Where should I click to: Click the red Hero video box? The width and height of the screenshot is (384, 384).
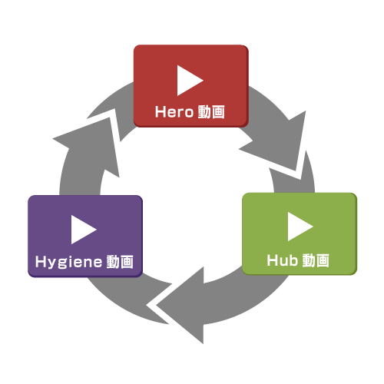[191, 86]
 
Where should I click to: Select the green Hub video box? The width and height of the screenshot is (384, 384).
[300, 233]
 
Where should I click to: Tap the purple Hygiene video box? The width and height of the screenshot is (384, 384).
[85, 237]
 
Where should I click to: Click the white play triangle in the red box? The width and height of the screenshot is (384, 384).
[190, 81]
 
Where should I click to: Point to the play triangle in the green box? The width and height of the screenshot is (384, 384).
[300, 227]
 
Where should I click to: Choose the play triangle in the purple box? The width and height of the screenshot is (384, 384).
[84, 230]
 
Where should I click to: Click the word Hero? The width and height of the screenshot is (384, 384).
[174, 112]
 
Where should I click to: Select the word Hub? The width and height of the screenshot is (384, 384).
[283, 260]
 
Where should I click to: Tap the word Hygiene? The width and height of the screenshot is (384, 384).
[68, 262]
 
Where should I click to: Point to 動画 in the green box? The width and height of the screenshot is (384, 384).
[316, 260]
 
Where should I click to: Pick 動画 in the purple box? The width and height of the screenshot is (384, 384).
[120, 262]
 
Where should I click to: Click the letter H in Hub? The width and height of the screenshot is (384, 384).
[272, 260]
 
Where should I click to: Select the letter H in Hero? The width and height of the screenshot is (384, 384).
[161, 112]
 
